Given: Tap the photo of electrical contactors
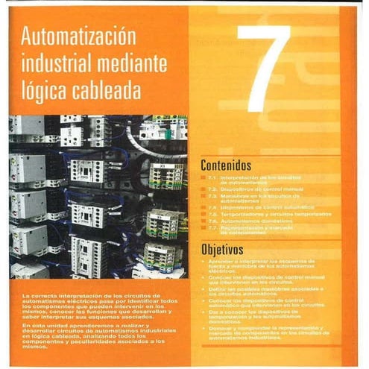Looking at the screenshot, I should click(x=98, y=198).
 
